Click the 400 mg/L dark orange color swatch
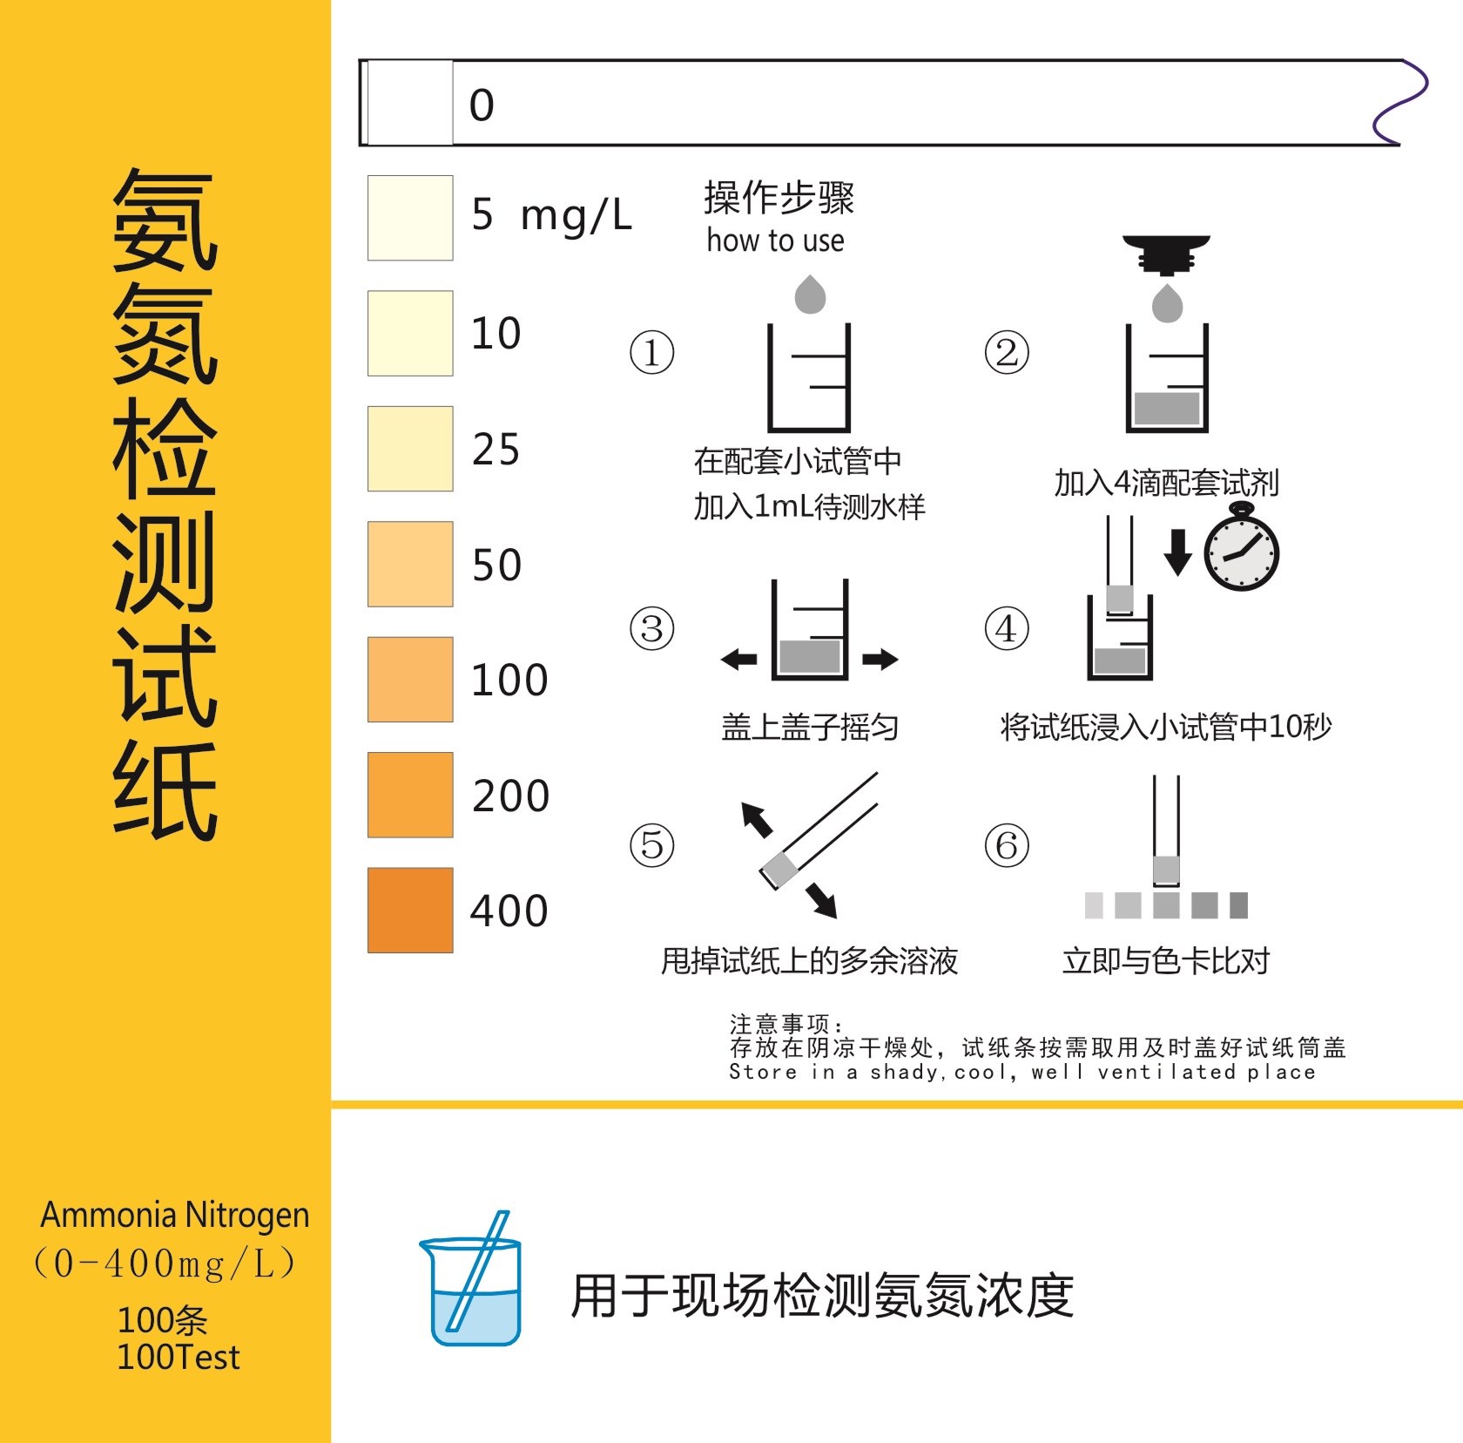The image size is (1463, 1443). [410, 910]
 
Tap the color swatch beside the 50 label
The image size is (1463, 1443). [410, 564]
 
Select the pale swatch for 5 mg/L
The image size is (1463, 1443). [410, 218]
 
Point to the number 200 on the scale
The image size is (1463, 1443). [510, 796]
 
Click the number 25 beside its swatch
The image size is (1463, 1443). [496, 450]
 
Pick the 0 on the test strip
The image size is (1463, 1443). [482, 105]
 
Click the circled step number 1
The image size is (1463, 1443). [651, 353]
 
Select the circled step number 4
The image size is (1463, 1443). [1007, 628]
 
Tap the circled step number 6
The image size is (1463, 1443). [1007, 845]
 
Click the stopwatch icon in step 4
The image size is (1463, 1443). [1241, 551]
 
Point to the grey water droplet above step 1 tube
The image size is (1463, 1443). [810, 295]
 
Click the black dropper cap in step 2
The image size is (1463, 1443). [1166, 253]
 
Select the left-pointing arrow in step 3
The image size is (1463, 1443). [739, 659]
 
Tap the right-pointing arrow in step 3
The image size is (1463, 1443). [880, 659]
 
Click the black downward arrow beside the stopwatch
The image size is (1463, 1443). [1177, 552]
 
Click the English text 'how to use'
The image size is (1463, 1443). [775, 240]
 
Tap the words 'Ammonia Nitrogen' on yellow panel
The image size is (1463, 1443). [175, 1215]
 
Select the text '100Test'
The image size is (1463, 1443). [178, 1357]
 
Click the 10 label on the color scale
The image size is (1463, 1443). [496, 333]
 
